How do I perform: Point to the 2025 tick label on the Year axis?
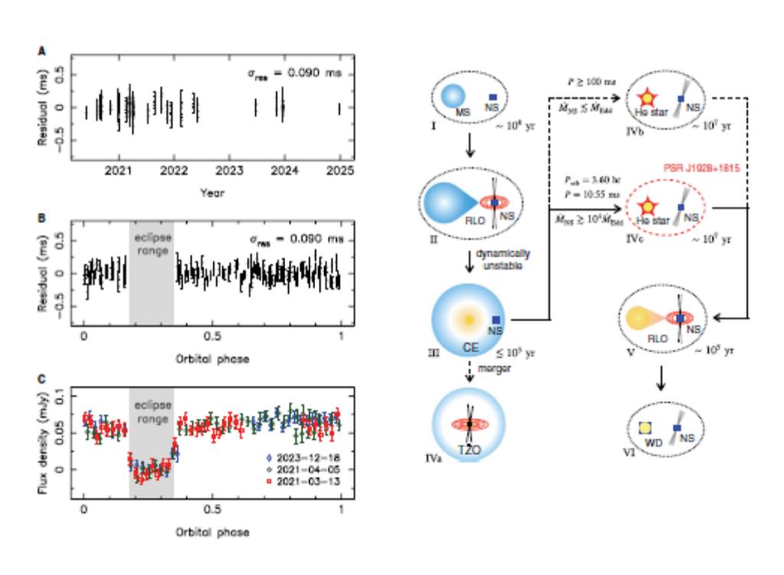click(x=339, y=172)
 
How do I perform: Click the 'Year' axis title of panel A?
click(x=212, y=193)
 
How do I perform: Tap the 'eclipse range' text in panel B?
click(x=150, y=242)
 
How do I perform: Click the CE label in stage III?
click(x=469, y=348)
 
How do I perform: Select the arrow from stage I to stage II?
click(x=470, y=145)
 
